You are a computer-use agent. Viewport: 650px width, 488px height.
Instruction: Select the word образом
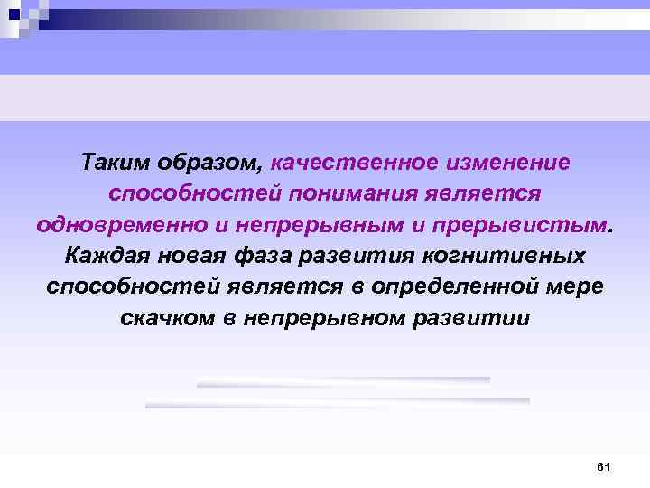(224, 164)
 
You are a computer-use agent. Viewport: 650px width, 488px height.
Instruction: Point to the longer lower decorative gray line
(338, 401)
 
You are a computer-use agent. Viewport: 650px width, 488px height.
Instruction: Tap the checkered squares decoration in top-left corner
(23, 16)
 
